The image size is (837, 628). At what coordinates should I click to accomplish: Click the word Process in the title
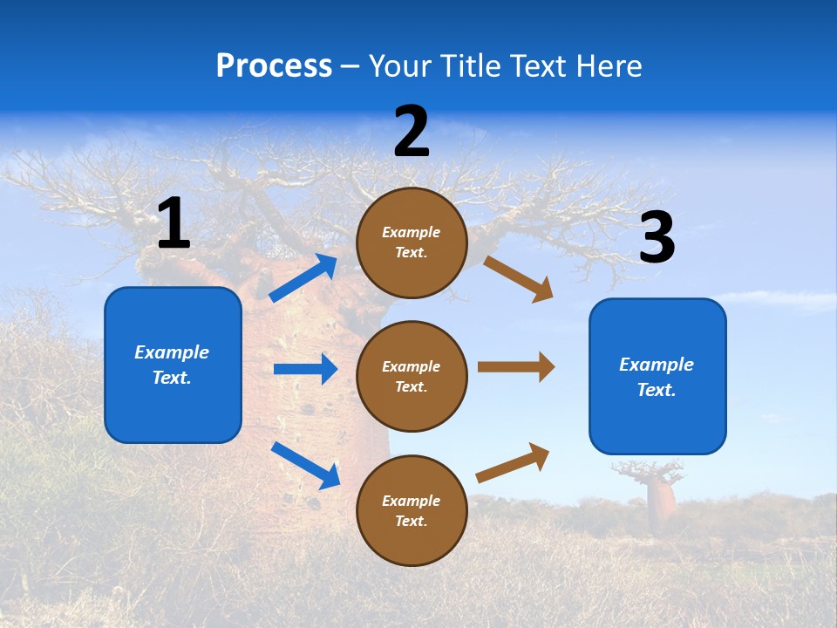tap(274, 66)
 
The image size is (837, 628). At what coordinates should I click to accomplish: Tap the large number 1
tap(174, 224)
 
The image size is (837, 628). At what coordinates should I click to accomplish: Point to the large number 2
tap(412, 132)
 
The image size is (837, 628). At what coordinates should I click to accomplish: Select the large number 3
tap(657, 238)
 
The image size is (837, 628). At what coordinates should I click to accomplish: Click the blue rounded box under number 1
tap(173, 365)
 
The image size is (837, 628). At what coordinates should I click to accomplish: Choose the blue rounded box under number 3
tap(657, 377)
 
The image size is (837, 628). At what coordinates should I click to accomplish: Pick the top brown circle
tap(412, 242)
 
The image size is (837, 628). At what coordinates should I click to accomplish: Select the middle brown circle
tap(412, 376)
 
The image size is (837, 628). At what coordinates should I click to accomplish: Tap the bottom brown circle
tap(412, 510)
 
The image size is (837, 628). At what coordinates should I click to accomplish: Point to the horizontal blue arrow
tap(304, 369)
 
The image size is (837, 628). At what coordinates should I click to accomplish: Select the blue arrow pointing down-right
tap(305, 465)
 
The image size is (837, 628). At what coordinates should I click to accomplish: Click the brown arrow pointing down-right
tap(519, 278)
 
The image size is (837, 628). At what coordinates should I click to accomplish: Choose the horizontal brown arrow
tap(515, 367)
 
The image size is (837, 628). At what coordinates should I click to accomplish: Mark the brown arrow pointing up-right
tap(513, 462)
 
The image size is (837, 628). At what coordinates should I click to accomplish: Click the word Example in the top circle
tap(412, 232)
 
